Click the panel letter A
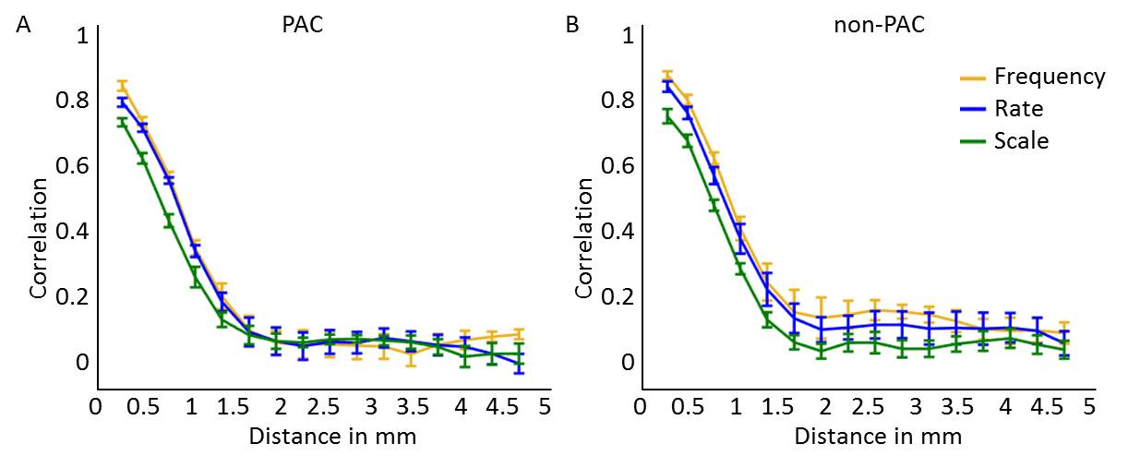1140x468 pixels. [23, 26]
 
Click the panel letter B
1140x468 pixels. [572, 26]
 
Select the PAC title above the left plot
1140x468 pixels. [302, 25]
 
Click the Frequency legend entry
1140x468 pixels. [1049, 76]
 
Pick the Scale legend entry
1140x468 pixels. [1021, 140]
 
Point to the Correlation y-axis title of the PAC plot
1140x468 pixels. [38, 237]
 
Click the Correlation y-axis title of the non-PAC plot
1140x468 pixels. [583, 237]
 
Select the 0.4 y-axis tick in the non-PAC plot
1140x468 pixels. [618, 231]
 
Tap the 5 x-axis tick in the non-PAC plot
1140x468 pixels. [1089, 407]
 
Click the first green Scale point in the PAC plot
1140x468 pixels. [121, 122]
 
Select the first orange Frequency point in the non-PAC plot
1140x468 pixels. [667, 75]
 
